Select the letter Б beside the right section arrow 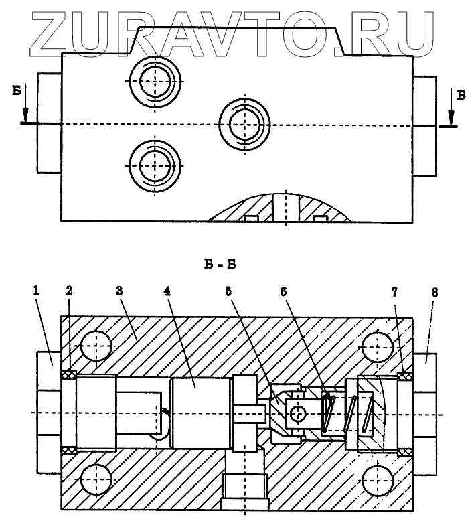(461, 96)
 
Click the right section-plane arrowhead (450, 121)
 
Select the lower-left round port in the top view (155, 161)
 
